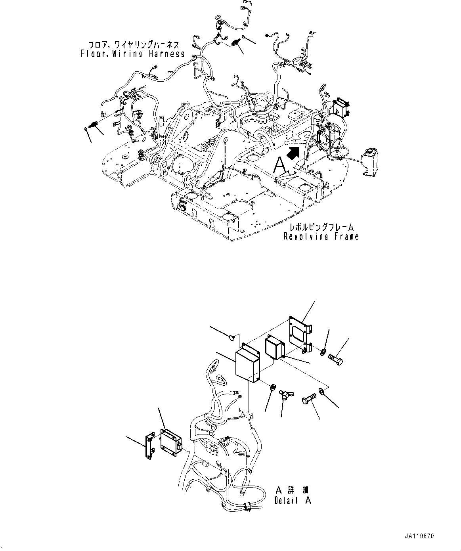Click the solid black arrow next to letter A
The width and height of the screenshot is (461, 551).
tap(293, 152)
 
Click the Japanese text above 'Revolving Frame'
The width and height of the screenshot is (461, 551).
tap(321, 228)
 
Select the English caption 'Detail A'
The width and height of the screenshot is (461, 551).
tap(293, 501)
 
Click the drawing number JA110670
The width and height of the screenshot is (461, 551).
tap(419, 536)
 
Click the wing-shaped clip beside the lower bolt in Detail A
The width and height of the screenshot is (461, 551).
tap(284, 395)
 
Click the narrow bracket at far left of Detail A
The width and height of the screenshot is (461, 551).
tap(149, 446)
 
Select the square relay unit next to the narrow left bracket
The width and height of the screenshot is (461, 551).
tap(170, 440)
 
